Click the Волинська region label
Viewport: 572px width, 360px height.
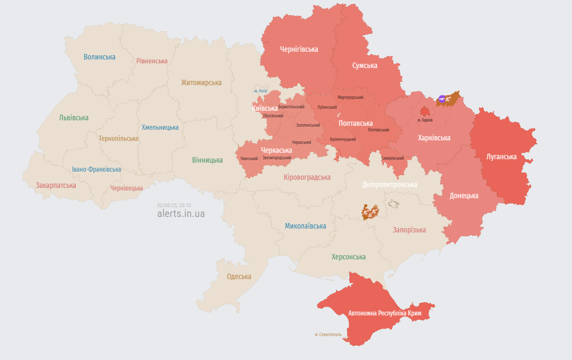99,57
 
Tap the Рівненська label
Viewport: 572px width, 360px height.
152,61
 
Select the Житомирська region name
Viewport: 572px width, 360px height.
201,83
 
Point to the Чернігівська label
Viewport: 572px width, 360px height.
299,49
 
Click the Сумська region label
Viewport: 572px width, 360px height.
365,65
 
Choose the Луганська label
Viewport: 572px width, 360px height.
501,157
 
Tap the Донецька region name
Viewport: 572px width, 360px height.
464,196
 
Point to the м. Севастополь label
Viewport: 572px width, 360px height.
328,334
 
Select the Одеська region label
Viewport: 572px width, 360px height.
239,277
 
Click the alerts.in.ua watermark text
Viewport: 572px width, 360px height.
181,214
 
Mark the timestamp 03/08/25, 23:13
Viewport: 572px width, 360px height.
174,205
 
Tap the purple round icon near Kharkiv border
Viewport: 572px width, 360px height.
442,98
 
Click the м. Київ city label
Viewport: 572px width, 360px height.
260,91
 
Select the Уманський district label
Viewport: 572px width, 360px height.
249,158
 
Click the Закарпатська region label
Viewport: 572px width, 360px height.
56,185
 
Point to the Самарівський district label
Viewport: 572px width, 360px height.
392,158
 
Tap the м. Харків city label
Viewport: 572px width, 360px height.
425,120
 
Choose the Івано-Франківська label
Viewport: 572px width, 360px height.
96,170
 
